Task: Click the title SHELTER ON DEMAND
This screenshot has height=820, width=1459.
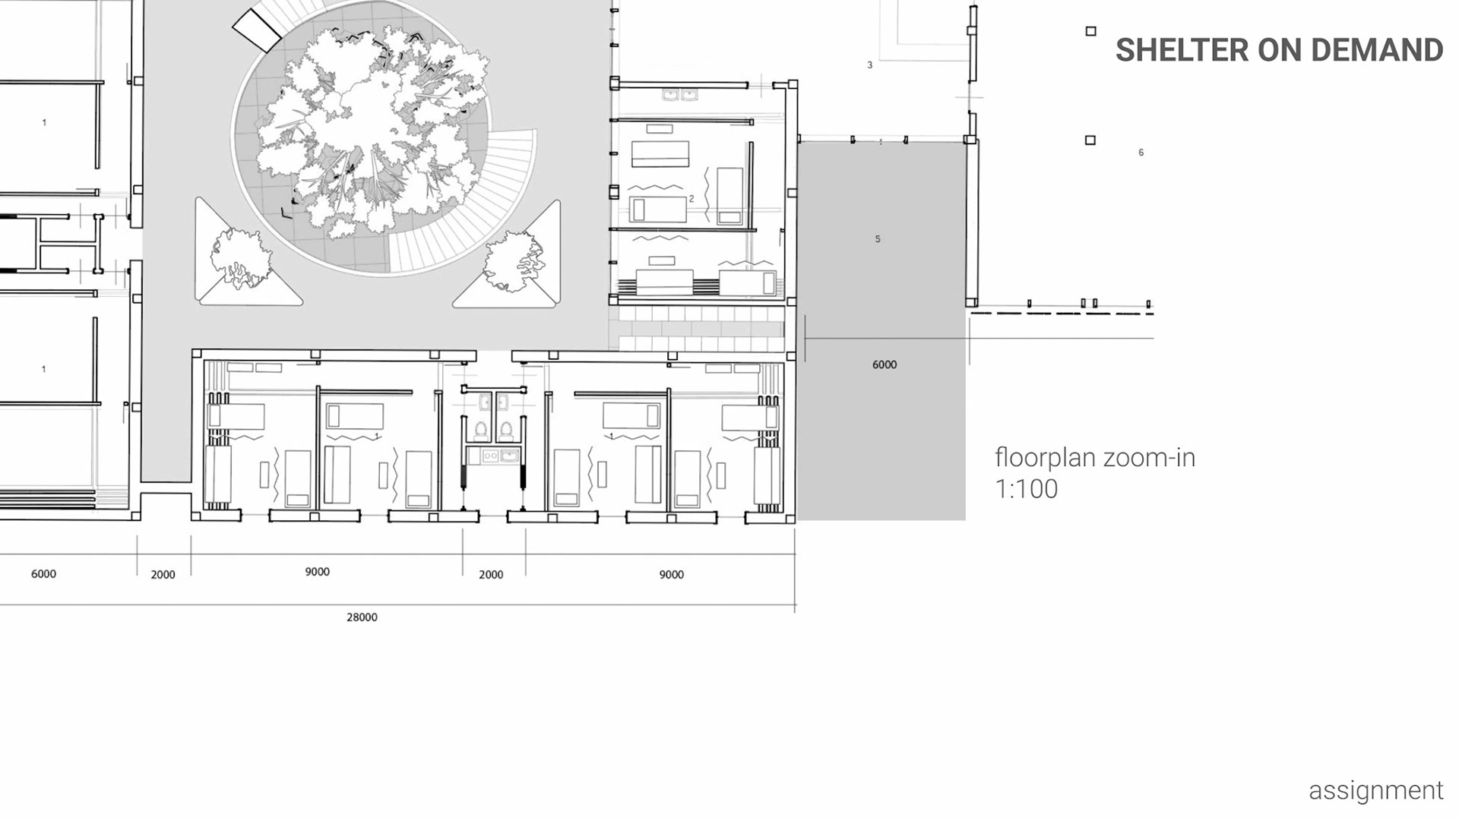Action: pos(1279,50)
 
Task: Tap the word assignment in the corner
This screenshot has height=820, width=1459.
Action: pos(1375,790)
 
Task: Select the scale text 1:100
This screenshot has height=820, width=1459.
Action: pos(1026,488)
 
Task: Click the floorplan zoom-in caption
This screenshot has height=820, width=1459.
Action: pos(1095,457)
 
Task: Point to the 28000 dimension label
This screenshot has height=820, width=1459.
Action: pos(362,617)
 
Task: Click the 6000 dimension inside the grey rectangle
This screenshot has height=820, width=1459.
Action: pos(885,364)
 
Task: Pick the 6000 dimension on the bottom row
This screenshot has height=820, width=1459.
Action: pos(43,574)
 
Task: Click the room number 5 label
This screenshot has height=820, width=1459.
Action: pos(878,239)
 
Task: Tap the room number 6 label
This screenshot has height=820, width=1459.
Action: pos(1141,153)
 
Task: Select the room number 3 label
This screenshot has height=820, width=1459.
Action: pos(870,65)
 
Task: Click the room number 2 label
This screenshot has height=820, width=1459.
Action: pos(692,199)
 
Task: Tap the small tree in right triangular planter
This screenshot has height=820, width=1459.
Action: pos(514,261)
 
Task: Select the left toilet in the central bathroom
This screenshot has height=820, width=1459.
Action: pos(480,430)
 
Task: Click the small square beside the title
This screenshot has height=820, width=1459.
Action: pos(1091,31)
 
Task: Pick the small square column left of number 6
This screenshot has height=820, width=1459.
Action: pos(1090,140)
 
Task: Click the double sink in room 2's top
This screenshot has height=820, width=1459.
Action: pos(680,95)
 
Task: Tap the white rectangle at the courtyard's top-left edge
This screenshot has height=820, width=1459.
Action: pos(257,31)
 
